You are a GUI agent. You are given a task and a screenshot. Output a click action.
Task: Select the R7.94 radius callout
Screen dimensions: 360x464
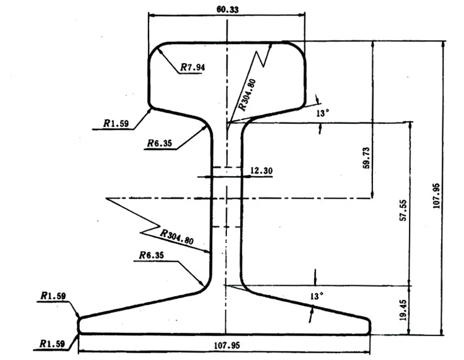click(192, 67)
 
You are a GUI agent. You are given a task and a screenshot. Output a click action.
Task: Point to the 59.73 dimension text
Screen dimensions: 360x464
click(366, 157)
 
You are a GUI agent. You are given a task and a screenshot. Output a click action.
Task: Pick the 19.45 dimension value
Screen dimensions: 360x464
click(403, 309)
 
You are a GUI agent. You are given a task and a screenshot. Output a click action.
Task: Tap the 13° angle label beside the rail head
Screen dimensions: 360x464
click(324, 113)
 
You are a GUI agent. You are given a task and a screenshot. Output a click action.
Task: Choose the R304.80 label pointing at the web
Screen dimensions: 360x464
click(177, 237)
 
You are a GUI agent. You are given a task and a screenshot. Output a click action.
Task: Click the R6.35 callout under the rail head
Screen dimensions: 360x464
click(160, 144)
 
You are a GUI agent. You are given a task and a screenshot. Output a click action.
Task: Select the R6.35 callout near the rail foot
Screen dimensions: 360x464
click(151, 255)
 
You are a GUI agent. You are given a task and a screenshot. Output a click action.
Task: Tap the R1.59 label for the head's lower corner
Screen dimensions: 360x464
click(116, 124)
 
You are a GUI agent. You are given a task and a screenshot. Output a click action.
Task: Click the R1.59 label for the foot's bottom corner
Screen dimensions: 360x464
click(53, 343)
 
